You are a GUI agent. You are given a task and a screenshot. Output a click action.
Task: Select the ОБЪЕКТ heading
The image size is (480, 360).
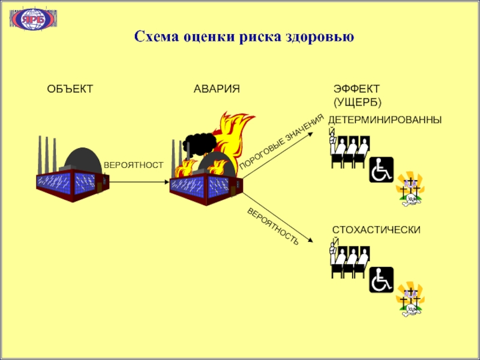[x=70, y=89]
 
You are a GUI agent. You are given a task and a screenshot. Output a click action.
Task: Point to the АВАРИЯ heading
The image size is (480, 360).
[x=217, y=89]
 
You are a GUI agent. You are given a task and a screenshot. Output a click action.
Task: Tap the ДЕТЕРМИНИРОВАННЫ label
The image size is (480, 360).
[x=387, y=121]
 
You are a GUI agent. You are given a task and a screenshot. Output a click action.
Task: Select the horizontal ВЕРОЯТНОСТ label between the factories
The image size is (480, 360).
[x=133, y=164]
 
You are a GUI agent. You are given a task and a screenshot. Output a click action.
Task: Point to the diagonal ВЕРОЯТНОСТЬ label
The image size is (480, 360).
[x=273, y=226]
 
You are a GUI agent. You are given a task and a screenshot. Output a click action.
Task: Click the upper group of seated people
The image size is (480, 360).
[x=350, y=152]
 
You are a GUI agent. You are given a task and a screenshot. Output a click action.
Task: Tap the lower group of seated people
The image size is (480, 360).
[x=350, y=263]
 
